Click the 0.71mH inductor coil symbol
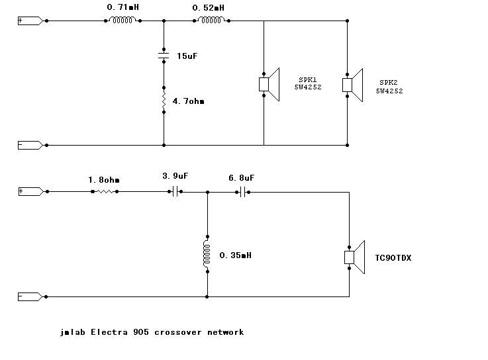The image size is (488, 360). point(122,21)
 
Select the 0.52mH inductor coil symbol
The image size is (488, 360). point(211,21)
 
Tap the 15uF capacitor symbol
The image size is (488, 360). point(164,56)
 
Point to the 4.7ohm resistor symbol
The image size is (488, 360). point(164,101)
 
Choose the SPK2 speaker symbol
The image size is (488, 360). point(352,85)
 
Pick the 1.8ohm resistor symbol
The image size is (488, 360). point(104,191)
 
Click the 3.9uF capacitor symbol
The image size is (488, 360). point(175,191)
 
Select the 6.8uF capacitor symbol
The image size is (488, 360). point(243,191)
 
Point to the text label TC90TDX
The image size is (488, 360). point(393,257)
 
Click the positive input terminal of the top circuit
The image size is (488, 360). point(30,21)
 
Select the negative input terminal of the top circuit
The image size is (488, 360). point(30,145)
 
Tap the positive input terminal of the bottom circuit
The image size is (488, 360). point(30,191)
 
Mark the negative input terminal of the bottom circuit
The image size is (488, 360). point(30,296)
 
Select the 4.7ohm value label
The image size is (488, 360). point(188,101)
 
